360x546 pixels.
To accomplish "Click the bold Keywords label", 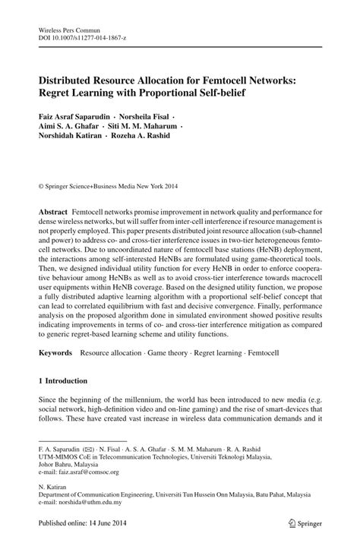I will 56,353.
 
